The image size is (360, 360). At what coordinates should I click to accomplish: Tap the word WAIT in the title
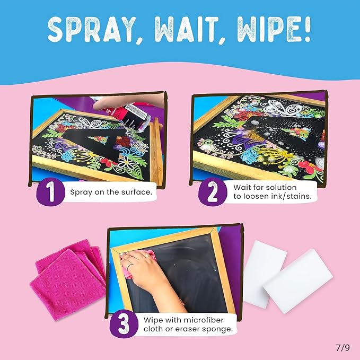coord(186,29)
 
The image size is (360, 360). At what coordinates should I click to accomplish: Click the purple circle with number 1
coord(50,192)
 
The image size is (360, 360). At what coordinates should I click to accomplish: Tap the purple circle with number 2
coord(213,192)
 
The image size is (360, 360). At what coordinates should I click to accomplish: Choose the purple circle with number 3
coord(124,324)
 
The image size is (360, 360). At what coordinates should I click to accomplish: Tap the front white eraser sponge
coord(298,281)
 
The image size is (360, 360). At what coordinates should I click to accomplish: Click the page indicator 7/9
coord(343,348)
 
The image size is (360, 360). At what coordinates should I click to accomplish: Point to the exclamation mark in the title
coord(308,29)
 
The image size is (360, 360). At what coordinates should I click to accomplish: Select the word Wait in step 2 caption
coord(242,187)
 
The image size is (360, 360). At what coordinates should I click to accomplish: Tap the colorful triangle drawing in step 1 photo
coord(98,139)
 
